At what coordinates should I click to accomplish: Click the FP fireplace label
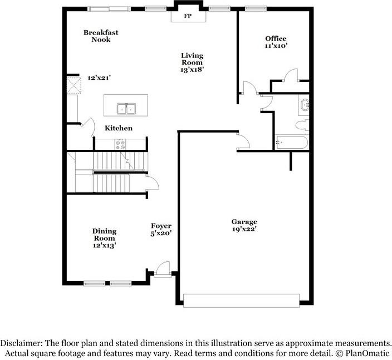(188, 16)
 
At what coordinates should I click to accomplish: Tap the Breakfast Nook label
(101, 36)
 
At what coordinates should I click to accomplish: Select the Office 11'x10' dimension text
(276, 46)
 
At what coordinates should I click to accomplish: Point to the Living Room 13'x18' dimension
(192, 70)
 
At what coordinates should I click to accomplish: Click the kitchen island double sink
(126, 109)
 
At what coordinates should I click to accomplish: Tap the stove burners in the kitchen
(120, 144)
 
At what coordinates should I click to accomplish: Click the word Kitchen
(119, 128)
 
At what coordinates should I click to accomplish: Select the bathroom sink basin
(305, 105)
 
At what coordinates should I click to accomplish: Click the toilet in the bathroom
(302, 125)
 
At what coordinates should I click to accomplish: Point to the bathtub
(292, 142)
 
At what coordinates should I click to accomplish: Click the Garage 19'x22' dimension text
(244, 229)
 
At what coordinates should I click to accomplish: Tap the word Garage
(244, 222)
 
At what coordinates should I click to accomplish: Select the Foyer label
(161, 226)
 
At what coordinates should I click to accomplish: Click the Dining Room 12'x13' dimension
(105, 246)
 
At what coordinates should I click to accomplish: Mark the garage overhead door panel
(241, 300)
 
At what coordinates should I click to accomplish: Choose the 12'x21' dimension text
(99, 78)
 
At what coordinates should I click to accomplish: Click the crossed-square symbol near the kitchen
(73, 85)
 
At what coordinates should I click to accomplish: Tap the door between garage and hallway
(243, 142)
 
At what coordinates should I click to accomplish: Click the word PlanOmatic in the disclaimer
(367, 353)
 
